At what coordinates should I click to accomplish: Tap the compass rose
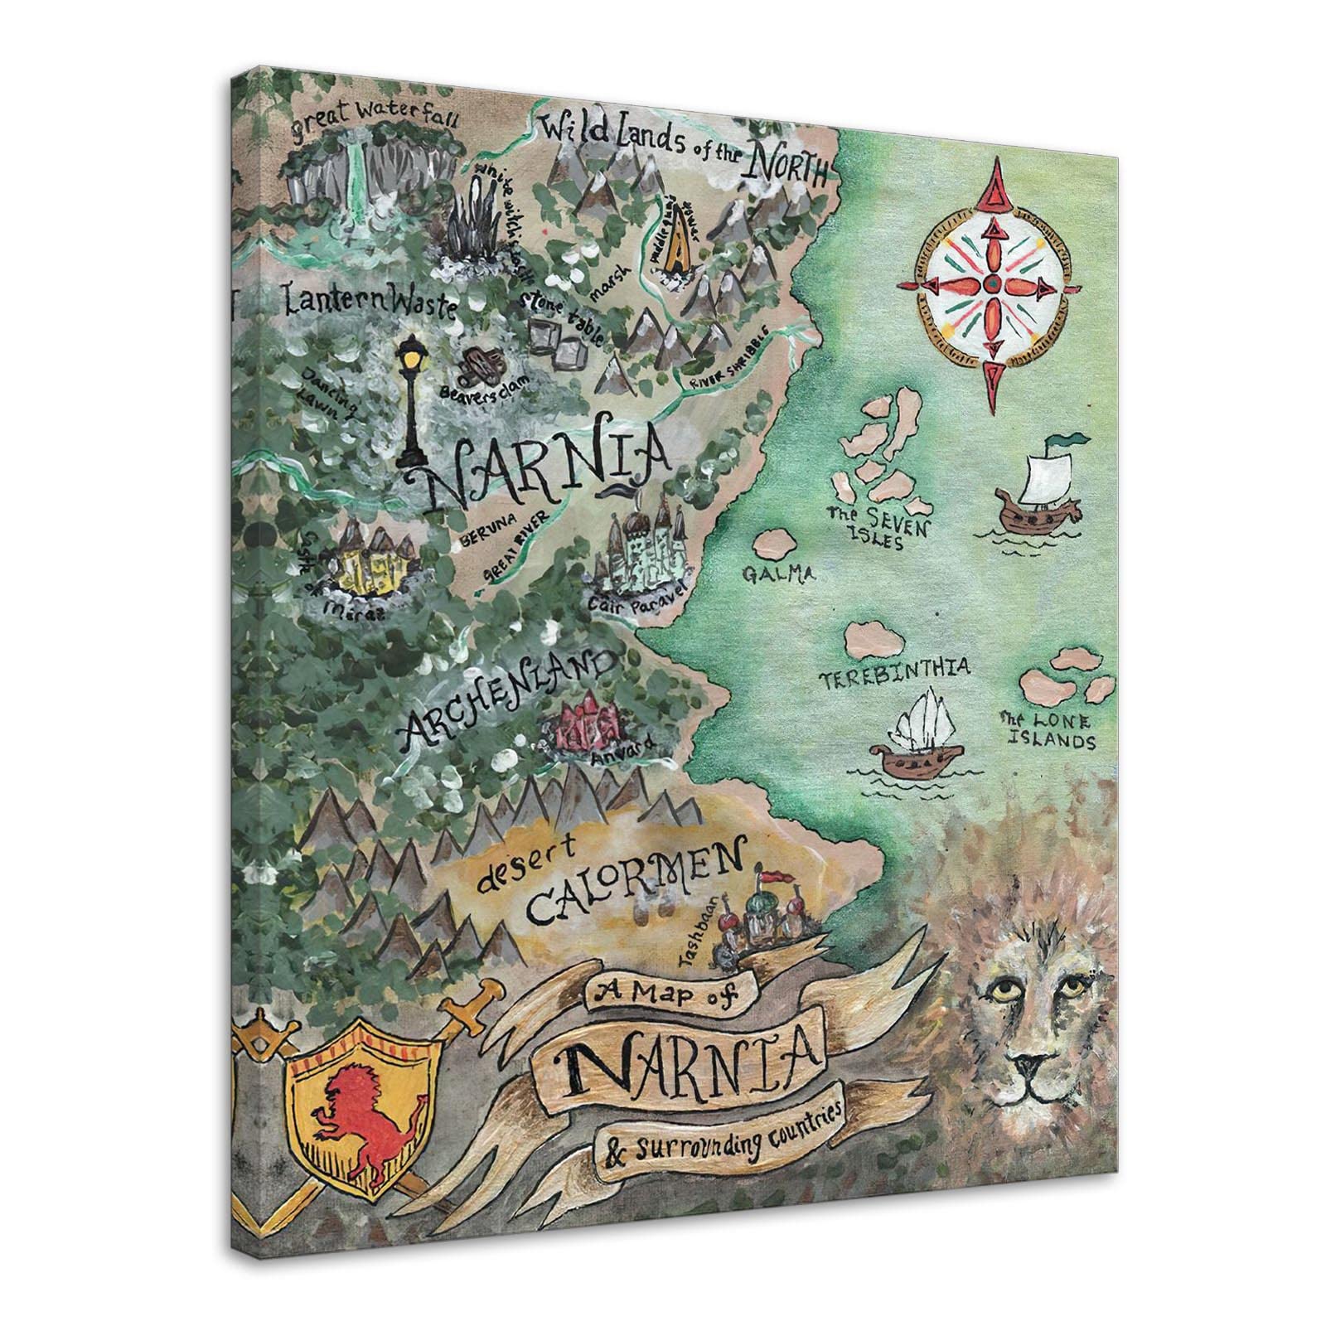[x=992, y=286]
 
